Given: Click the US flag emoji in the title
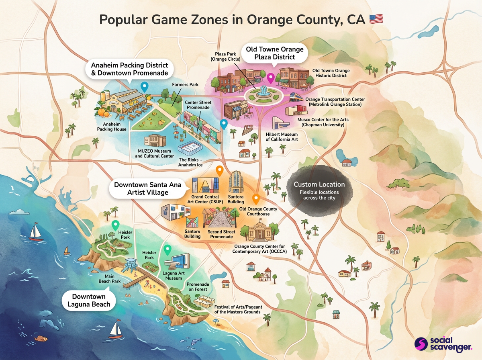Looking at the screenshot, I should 376,19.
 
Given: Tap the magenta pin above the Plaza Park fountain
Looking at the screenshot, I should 270,78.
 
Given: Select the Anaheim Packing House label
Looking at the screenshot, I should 112,127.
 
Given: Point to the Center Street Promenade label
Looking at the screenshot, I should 198,105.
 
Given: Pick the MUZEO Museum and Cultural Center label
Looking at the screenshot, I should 155,153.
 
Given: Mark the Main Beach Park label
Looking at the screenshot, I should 110,278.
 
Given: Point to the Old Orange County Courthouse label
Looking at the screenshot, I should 258,211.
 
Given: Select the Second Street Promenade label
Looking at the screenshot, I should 221,234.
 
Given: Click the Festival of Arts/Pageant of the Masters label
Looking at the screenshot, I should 237,309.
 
